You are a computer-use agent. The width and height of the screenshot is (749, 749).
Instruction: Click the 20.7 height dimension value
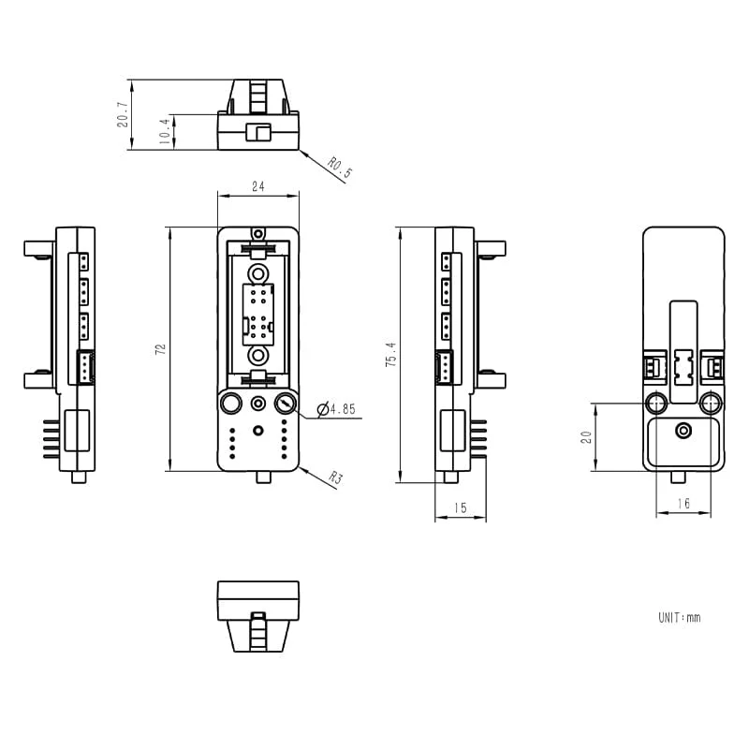(123, 113)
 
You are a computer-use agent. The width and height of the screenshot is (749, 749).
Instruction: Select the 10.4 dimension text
(165, 131)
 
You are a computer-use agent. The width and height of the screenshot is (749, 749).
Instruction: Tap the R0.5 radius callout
(341, 168)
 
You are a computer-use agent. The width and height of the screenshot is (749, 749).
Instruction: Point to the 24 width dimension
(258, 186)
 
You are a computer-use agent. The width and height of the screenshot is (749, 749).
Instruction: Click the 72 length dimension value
(160, 348)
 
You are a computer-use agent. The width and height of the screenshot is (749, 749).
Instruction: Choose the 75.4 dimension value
(390, 354)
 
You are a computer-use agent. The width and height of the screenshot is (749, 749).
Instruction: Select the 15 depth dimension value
(460, 507)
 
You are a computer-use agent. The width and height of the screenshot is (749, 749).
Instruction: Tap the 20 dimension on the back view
(586, 437)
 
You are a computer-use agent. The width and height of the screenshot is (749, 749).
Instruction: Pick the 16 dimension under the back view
(683, 504)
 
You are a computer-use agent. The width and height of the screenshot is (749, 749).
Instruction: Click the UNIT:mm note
(679, 618)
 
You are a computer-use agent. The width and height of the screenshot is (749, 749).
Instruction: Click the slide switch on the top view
(258, 132)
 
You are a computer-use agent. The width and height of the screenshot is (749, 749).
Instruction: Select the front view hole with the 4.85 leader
(286, 404)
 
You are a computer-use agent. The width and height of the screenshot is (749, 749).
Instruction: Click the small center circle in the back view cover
(683, 430)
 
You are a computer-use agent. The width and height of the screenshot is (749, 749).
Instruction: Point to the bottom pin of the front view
(264, 477)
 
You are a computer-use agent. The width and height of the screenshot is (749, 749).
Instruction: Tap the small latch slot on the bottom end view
(258, 616)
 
